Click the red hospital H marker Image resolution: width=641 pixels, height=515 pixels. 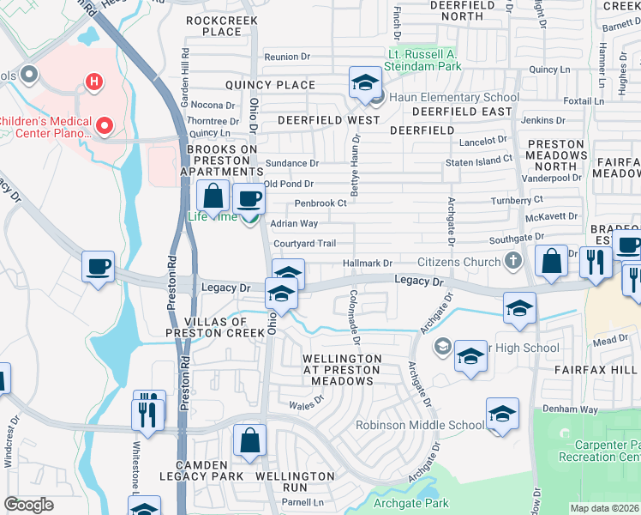(x=93, y=82)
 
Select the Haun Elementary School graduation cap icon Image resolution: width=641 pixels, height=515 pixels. (x=365, y=83)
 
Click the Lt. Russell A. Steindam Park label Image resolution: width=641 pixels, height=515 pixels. (x=423, y=59)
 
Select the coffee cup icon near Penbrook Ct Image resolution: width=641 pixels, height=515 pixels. (x=249, y=198)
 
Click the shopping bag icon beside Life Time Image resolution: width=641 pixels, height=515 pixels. (x=213, y=197)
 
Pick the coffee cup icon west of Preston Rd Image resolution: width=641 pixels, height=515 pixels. (x=98, y=266)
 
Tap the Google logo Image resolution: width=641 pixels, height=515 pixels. (x=28, y=505)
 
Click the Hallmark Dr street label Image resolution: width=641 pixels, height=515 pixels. (x=367, y=264)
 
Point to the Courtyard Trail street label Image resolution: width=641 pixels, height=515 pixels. (x=304, y=244)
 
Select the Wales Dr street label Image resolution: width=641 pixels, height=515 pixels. (x=306, y=400)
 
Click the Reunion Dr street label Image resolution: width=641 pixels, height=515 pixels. (x=286, y=57)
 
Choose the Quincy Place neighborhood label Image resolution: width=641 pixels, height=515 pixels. (x=270, y=85)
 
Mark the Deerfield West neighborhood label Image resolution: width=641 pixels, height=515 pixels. (x=316, y=120)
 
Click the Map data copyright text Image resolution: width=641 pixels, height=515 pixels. (x=605, y=508)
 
